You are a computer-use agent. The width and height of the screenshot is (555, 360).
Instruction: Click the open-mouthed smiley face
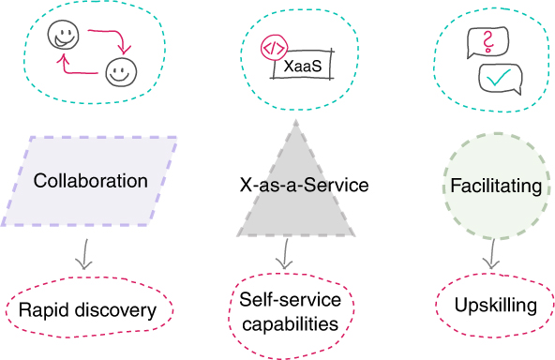coord(64,35)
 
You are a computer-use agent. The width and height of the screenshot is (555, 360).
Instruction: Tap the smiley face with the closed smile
coord(121,72)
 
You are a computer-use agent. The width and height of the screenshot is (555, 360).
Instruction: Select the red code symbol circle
coord(274,48)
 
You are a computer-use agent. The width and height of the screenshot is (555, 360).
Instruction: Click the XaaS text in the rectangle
coord(303,66)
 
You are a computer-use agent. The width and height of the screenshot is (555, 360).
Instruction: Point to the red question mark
coord(488,42)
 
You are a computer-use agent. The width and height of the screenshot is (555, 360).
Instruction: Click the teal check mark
coord(499,77)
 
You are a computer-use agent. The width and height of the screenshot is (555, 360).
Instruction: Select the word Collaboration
coord(91,181)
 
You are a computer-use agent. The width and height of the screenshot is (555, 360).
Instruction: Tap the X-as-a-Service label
coord(304,185)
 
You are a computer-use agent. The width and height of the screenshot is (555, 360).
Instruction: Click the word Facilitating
coord(496,187)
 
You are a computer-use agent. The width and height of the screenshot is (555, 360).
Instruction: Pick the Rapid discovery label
coord(87,310)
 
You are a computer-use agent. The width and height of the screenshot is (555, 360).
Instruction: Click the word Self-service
coord(291,299)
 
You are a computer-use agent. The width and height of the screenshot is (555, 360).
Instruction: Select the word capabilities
coord(291,324)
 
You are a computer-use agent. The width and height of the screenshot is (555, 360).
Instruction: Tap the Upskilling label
coord(496,305)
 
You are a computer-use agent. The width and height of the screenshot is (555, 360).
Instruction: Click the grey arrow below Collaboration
coord(84,254)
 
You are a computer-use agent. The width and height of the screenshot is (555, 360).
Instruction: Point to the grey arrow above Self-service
coord(285,253)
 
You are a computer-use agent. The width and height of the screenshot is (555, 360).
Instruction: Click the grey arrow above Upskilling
coord(492,254)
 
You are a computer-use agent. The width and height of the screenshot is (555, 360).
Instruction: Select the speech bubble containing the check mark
coord(500,79)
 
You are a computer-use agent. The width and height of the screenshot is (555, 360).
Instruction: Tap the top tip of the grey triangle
coord(296,120)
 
